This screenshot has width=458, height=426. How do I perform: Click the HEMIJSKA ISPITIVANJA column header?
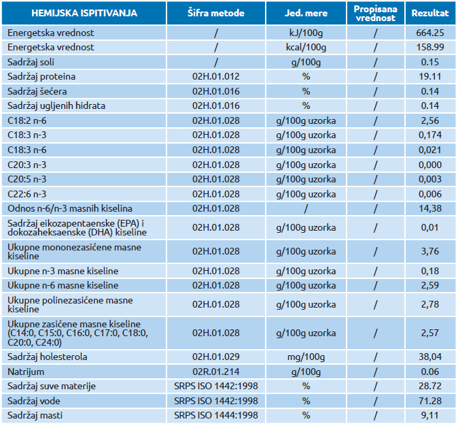coord(84,13)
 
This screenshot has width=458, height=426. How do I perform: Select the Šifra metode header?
coord(216,13)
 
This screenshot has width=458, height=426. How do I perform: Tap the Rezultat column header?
coord(430,13)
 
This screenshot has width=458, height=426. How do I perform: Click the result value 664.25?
coord(430,33)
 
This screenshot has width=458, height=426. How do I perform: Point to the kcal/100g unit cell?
coord(306,48)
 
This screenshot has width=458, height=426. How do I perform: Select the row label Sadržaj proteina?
coord(41,77)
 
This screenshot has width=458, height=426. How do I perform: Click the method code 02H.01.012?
coord(216,77)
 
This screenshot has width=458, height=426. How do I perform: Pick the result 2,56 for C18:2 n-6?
coord(430,121)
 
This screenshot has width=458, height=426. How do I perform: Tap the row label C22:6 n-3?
coord(27,194)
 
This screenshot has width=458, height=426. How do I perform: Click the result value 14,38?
coord(430,209)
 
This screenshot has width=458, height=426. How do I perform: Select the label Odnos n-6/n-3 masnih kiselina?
coord(70,209)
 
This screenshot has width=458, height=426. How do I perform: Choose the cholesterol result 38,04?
coord(430,357)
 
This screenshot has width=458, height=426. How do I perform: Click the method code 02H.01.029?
coord(216,357)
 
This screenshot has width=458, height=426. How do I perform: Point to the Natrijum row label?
coord(26,372)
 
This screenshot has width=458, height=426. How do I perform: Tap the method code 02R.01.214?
coord(216,372)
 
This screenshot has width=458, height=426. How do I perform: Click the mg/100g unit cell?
coord(306,357)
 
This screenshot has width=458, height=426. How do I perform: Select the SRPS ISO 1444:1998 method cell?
coord(216,416)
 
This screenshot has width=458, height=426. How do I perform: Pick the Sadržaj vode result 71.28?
coord(430,401)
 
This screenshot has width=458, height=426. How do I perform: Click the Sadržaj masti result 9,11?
coord(430,416)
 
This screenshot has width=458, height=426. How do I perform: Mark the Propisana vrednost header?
coord(375,14)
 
